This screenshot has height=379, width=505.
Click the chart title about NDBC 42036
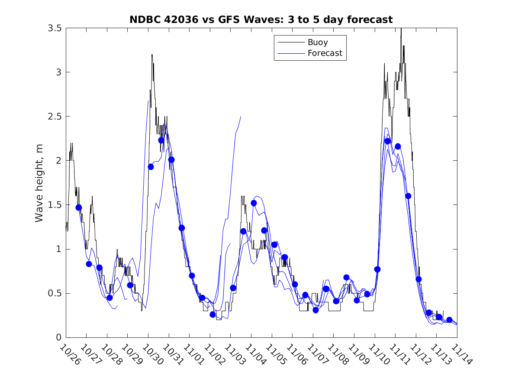261,19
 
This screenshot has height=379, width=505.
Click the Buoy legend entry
318,42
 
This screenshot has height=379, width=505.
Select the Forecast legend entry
325,53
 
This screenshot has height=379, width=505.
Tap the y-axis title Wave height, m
39,183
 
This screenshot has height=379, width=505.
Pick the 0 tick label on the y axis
58,337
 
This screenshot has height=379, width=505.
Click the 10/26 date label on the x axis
70,354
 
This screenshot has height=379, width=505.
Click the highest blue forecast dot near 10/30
161,140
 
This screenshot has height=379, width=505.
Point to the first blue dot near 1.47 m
79,207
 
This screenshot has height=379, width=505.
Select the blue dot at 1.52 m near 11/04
254,203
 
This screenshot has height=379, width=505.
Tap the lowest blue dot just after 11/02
212,314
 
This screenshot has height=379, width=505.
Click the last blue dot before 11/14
449,320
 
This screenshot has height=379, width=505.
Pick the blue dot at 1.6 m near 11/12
408,196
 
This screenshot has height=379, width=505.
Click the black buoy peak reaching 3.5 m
401,29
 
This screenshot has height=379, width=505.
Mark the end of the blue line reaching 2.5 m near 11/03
241,117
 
